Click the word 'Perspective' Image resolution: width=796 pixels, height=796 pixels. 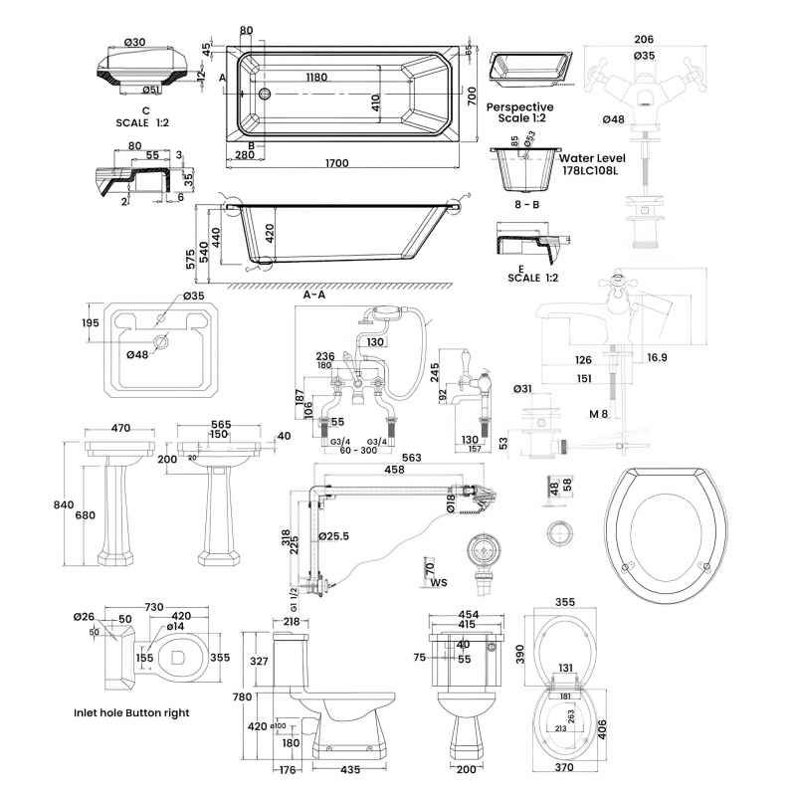pyautogui.click(x=520, y=106)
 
